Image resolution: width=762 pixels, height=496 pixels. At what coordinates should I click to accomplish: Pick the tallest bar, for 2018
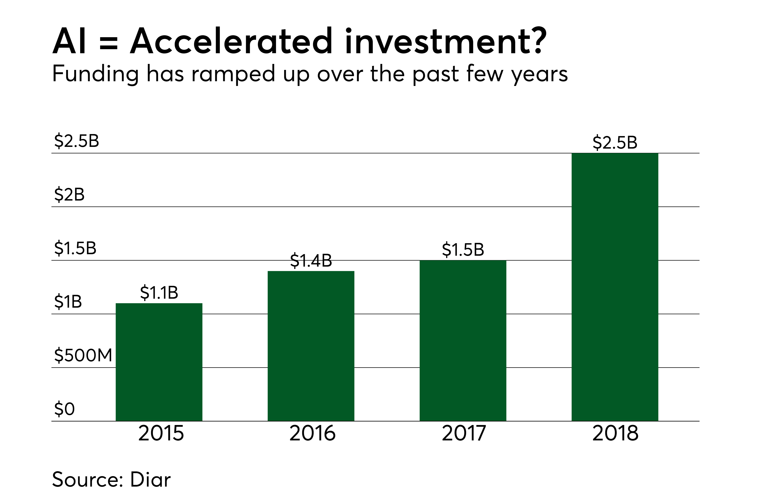pyautogui.click(x=615, y=287)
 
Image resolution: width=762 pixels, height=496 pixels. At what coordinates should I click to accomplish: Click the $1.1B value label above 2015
pyautogui.click(x=159, y=292)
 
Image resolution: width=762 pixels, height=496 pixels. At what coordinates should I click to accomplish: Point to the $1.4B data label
pyautogui.click(x=311, y=260)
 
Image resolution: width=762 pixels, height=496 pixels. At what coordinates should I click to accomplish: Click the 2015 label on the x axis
pyautogui.click(x=161, y=433)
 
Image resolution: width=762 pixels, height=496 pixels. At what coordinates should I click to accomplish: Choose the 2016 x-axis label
pyautogui.click(x=312, y=433)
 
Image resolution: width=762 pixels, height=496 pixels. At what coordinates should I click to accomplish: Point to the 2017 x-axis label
pyautogui.click(x=464, y=433)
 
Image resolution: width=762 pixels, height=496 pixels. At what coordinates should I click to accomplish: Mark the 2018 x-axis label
pyautogui.click(x=615, y=433)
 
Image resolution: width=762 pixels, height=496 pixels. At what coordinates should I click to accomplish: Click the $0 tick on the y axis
pyautogui.click(x=64, y=409)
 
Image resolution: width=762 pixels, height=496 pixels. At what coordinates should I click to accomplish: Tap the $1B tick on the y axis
pyautogui.click(x=68, y=302)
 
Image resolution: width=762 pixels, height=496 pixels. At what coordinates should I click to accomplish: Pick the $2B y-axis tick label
pyautogui.click(x=69, y=194)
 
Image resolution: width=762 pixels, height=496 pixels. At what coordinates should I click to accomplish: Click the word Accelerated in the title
pyautogui.click(x=231, y=41)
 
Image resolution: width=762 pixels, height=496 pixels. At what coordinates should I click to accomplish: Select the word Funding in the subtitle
pyautogui.click(x=95, y=74)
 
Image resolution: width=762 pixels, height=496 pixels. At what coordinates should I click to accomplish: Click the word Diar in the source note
pyautogui.click(x=150, y=479)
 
